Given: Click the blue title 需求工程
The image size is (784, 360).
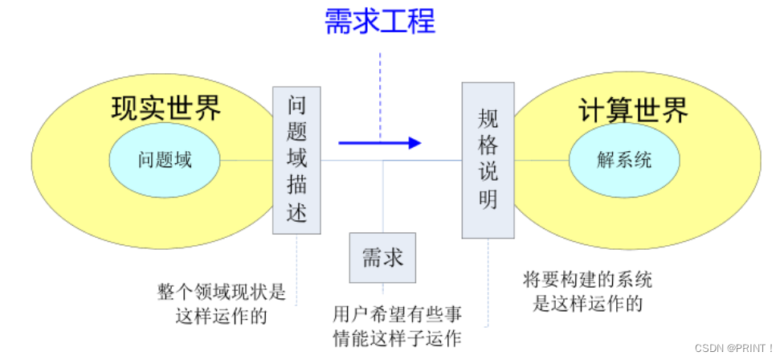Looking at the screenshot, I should coord(380,21).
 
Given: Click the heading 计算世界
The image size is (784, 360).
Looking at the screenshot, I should coord(633,111).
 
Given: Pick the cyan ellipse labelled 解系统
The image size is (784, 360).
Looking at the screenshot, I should coord(624,160).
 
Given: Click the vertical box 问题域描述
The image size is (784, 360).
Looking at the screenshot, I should coord(296,159).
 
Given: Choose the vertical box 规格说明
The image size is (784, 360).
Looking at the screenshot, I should coord(488,159).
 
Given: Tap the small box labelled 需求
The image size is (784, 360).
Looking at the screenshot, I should coord(382,258).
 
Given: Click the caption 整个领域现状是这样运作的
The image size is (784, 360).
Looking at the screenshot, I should coord(221,302).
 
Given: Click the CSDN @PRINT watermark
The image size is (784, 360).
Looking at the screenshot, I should coord(733,348).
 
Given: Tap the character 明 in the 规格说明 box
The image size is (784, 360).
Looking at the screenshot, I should coord(488,198).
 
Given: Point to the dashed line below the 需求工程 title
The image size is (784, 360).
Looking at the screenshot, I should coord(380,88).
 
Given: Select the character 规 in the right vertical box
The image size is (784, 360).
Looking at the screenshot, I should coord(488,119).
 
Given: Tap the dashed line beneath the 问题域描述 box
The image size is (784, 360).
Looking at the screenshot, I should coord(296,269).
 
